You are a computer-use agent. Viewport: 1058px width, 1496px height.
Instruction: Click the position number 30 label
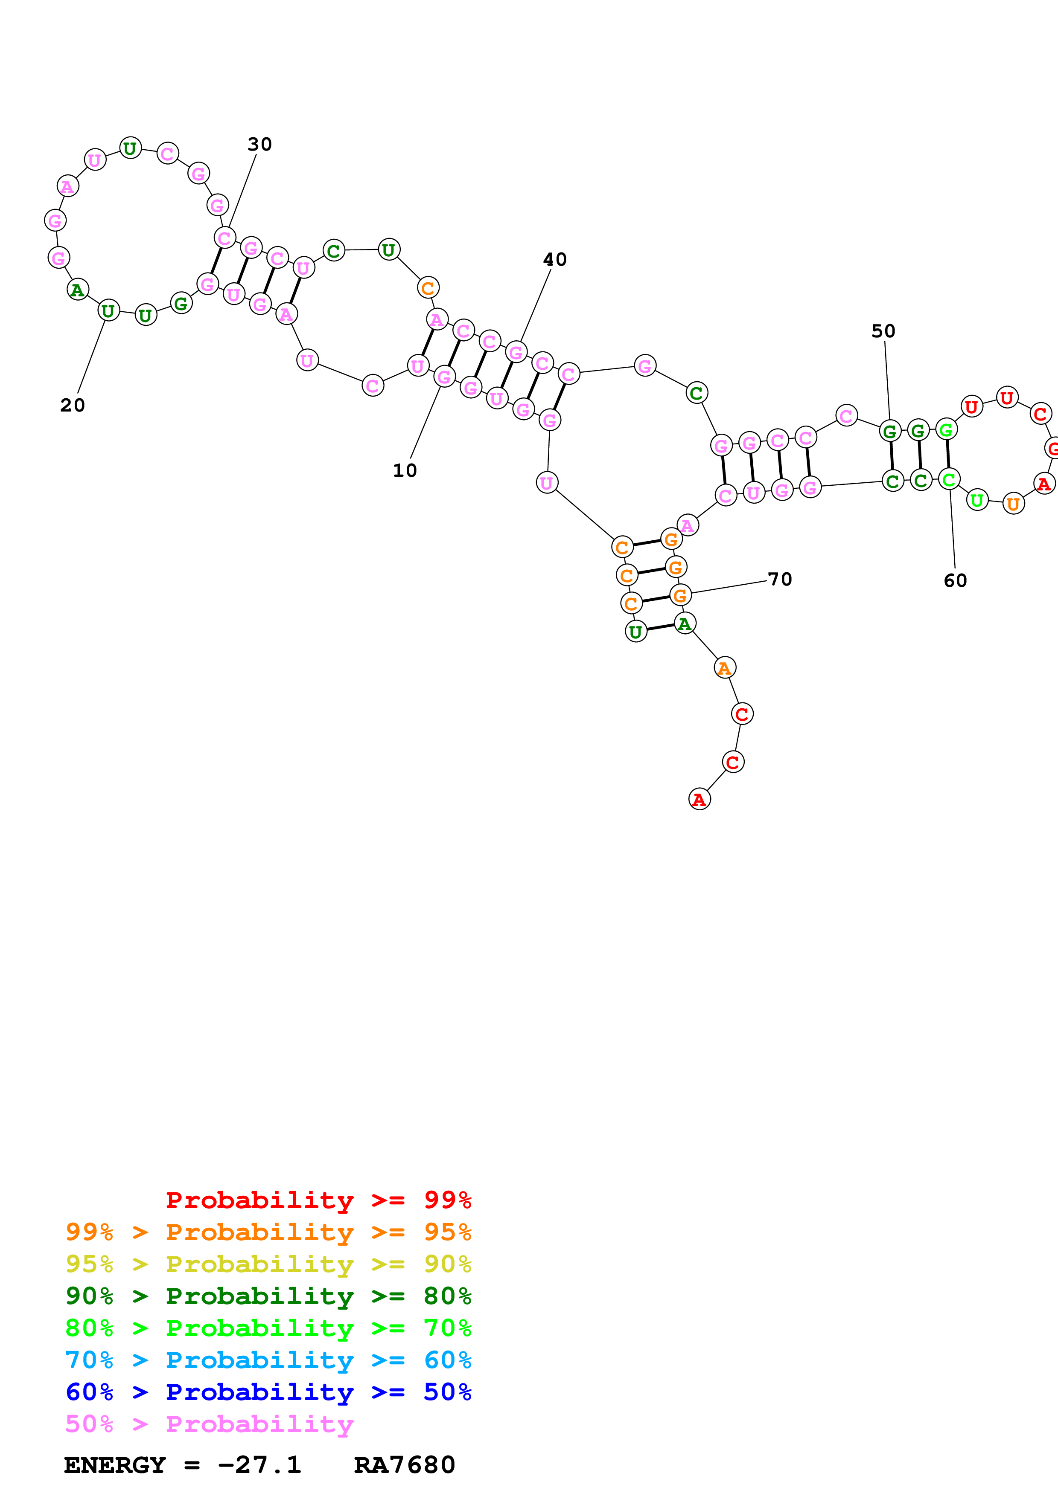pos(259,144)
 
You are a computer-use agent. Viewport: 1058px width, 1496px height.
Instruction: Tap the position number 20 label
pos(73,405)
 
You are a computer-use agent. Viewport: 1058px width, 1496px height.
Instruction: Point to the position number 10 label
pos(404,470)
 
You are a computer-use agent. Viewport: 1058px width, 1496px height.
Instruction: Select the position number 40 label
pos(555,259)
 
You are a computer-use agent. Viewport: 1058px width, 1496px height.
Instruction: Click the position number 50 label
pos(883,331)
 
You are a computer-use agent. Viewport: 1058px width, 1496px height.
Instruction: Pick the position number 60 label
pos(955,580)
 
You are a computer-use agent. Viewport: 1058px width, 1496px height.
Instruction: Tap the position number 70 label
pos(780,579)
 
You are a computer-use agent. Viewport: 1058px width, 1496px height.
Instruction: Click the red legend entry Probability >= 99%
pos(318,1200)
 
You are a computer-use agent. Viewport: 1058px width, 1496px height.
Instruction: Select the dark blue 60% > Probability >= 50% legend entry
pos(268,1392)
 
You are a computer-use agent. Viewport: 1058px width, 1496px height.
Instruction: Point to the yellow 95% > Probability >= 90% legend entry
pos(268,1264)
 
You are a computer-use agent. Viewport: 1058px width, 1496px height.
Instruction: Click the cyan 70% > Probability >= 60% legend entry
pos(268,1360)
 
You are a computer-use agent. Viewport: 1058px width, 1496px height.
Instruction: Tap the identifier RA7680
pos(404,1465)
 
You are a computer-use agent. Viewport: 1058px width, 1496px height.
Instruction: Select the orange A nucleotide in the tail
pos(725,668)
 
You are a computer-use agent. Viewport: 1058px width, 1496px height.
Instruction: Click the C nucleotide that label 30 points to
pos(225,238)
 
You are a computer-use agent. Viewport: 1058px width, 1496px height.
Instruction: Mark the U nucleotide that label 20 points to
pos(108,311)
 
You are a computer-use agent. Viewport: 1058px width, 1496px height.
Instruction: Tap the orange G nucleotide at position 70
pos(680,595)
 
